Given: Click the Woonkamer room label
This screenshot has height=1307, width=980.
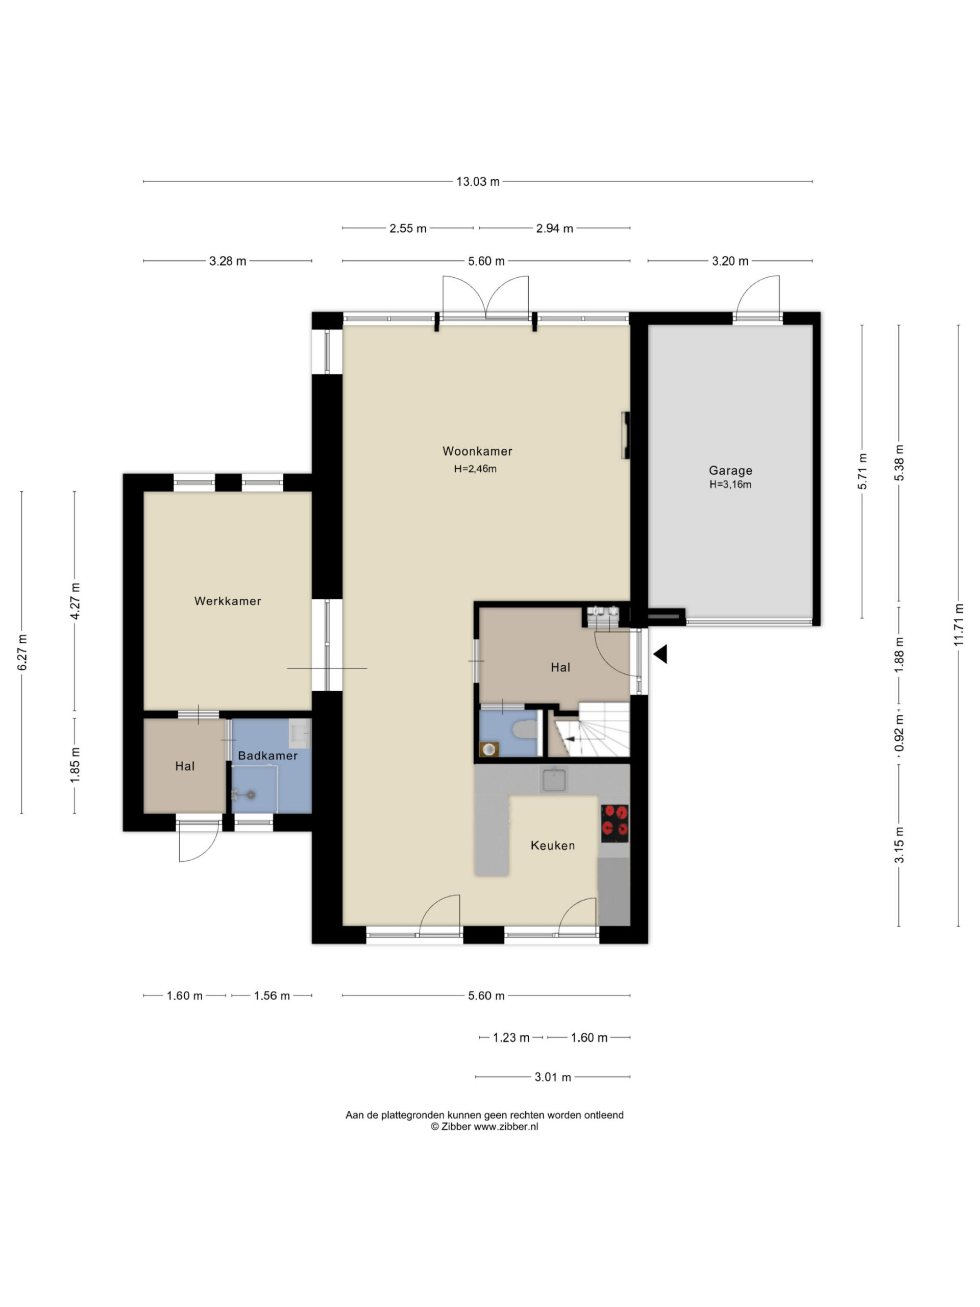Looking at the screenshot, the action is pyautogui.click(x=477, y=451).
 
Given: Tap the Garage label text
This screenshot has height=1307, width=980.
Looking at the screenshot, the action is pyautogui.click(x=731, y=471).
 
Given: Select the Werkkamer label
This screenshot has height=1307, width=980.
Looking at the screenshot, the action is pyautogui.click(x=228, y=601).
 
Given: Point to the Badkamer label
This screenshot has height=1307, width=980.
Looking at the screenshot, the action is pyautogui.click(x=267, y=756).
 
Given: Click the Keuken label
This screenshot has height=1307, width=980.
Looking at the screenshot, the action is pyautogui.click(x=553, y=845).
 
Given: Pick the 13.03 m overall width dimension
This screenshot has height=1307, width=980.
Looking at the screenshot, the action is pyautogui.click(x=478, y=181).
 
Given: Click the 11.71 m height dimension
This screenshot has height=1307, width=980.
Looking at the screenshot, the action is pyautogui.click(x=959, y=624).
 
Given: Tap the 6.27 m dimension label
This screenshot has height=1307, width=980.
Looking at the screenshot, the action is pyautogui.click(x=22, y=652).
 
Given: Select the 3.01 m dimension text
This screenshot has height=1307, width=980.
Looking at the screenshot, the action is pyautogui.click(x=553, y=1077).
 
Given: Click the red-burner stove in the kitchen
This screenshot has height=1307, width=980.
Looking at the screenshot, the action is pyautogui.click(x=615, y=824).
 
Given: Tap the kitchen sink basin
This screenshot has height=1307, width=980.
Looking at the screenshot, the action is pyautogui.click(x=553, y=780).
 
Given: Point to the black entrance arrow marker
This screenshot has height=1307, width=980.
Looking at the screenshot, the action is pyautogui.click(x=660, y=654).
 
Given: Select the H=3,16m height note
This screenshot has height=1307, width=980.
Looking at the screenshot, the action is pyautogui.click(x=731, y=485).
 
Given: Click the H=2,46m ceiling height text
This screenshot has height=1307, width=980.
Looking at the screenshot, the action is pyautogui.click(x=476, y=469).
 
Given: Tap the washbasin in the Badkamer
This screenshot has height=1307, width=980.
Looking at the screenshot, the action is pyautogui.click(x=300, y=734).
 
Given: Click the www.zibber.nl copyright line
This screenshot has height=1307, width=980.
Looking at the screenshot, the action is pyautogui.click(x=484, y=1126).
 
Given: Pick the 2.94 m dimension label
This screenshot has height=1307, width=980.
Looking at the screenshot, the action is pyautogui.click(x=555, y=228).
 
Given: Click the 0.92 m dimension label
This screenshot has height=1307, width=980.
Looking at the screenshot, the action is pyautogui.click(x=899, y=733).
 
